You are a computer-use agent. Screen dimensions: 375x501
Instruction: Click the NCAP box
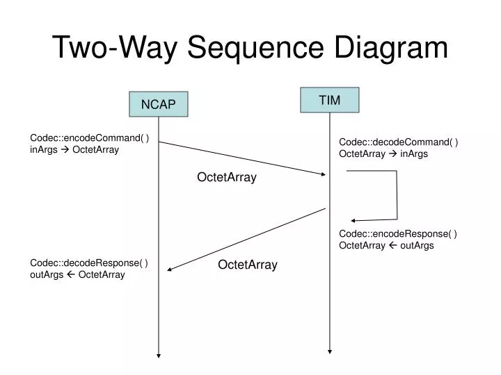[x=158, y=104]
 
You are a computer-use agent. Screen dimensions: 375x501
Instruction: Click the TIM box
[x=329, y=100]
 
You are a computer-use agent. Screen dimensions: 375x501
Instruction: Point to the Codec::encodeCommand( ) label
[x=89, y=137]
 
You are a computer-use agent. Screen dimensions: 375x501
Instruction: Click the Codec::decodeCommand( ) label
[x=398, y=142]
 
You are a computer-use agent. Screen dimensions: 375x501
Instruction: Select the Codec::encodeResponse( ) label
[x=397, y=234]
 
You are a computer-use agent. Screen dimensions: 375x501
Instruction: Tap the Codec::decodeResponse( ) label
[x=89, y=262]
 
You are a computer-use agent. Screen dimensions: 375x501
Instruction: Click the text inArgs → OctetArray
[x=74, y=149]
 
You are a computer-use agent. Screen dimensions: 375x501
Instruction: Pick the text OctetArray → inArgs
[x=383, y=154]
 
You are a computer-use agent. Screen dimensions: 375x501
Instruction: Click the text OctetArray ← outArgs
[x=386, y=246]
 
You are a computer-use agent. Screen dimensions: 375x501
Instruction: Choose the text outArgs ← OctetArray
[x=77, y=274]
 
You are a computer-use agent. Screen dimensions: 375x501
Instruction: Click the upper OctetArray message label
[x=227, y=178]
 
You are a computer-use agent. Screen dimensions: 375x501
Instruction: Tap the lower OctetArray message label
[x=248, y=265]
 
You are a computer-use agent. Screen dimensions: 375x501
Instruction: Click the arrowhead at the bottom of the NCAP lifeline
[x=159, y=355]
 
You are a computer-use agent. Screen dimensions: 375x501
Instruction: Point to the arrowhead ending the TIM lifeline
[x=329, y=351]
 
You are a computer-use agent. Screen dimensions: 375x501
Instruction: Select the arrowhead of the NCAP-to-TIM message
[x=322, y=175]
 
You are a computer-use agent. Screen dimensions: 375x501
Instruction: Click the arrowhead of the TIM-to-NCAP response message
[x=170, y=269]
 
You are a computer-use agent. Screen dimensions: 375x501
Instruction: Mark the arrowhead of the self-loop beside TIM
[x=353, y=221]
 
